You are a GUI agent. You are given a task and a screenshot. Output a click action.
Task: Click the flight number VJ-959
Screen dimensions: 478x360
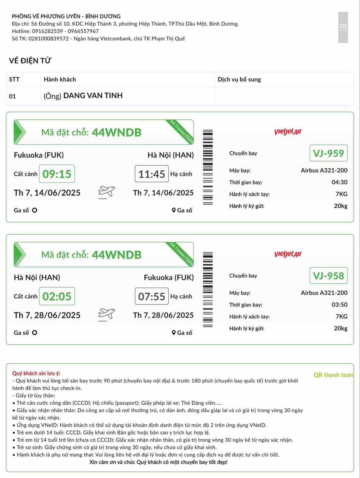tap(328, 153)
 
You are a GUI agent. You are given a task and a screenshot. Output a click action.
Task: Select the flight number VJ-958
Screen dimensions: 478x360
tap(328, 276)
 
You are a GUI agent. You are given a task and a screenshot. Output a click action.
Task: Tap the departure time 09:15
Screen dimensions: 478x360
tap(57, 174)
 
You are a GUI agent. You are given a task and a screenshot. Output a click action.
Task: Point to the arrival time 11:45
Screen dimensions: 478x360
tap(151, 174)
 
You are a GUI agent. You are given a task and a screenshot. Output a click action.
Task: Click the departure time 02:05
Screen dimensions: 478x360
tap(57, 296)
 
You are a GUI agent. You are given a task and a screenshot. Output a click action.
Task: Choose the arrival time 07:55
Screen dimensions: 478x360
tap(151, 296)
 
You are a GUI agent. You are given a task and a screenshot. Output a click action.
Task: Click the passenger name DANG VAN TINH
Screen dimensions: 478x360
tap(93, 96)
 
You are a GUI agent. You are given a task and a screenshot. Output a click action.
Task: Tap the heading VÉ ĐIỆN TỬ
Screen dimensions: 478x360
tap(30, 61)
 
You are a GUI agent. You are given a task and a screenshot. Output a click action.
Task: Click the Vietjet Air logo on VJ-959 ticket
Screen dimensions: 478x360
tap(288, 131)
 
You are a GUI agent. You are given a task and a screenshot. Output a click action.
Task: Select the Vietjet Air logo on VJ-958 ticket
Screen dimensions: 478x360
tap(288, 254)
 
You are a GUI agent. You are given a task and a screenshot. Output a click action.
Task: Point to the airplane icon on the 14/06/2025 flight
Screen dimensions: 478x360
tap(106, 192)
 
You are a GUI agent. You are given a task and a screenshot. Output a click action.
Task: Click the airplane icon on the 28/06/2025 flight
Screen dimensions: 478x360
tap(106, 314)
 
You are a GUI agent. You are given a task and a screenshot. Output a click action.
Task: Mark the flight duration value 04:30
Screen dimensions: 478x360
tap(339, 182)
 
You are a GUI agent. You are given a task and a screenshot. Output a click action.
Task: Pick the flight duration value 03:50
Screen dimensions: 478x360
tap(339, 305)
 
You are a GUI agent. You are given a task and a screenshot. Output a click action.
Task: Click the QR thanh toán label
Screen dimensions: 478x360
tap(333, 375)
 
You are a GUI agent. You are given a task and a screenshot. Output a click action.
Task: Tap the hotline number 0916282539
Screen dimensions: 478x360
tap(47, 31)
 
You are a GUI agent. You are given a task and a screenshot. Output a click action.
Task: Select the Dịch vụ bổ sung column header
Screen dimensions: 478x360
tap(239, 79)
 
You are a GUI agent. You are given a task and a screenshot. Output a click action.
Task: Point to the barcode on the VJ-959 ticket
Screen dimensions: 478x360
tap(208, 167)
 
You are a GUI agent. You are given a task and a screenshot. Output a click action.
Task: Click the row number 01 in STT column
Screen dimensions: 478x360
tap(12, 96)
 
